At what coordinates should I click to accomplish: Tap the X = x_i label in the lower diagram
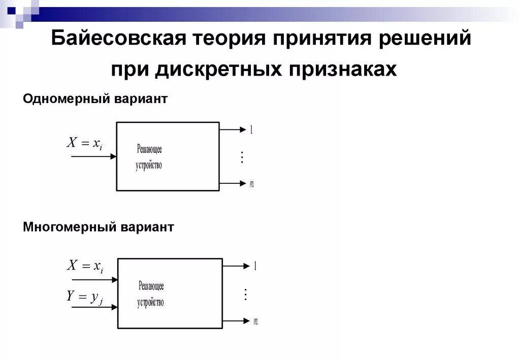click(85, 266)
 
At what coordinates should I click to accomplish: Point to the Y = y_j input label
click(85, 297)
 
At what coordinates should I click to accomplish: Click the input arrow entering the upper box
click(94, 157)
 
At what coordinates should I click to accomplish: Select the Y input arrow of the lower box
click(94, 307)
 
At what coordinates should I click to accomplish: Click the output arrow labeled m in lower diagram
click(236, 320)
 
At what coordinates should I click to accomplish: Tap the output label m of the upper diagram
click(251, 184)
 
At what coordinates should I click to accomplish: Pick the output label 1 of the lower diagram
click(255, 266)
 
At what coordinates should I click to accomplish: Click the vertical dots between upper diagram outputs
click(242, 157)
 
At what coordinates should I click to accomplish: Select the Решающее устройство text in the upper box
click(149, 157)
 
